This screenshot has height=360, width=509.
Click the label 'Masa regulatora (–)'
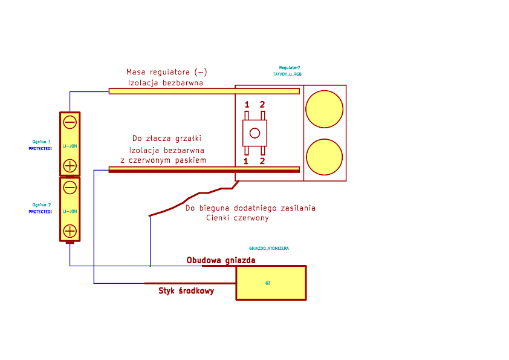166,71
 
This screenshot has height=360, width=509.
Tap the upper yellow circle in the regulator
324,109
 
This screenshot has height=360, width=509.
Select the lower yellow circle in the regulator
324,156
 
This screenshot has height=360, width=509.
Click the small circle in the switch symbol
254,133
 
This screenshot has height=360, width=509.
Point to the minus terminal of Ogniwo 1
70,122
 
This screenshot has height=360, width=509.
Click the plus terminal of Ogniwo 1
70,165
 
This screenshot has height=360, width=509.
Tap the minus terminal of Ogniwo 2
70,187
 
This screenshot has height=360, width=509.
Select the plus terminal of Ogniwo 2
70,231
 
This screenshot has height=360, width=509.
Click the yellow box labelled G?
270,283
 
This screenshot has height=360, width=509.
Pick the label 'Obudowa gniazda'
221,261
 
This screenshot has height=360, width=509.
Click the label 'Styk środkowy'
186,291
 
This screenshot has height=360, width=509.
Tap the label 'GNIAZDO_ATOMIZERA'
269,249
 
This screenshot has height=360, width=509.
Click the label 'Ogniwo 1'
42,141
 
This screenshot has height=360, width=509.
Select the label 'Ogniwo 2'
42,205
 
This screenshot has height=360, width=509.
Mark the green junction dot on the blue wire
150,266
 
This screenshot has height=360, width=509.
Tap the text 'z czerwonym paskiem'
163,160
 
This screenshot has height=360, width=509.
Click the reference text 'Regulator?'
290,68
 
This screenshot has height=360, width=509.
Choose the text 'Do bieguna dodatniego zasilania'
250,208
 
